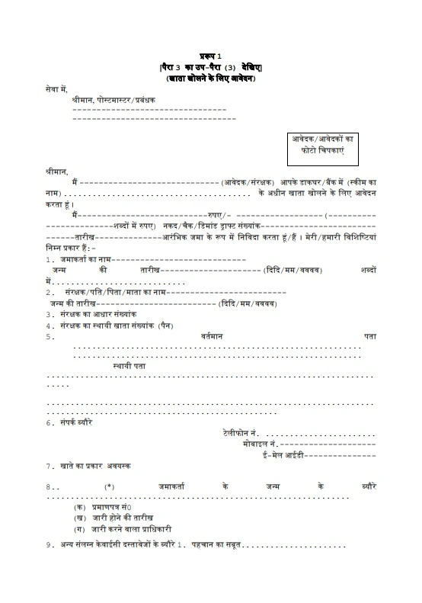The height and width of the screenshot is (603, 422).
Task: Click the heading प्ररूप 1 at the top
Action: point(210,58)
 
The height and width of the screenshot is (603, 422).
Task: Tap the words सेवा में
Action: point(57,89)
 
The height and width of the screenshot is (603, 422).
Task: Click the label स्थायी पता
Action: point(129,366)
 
